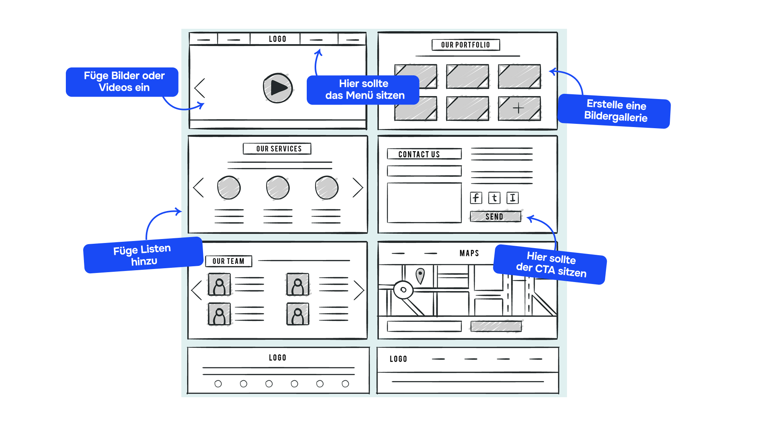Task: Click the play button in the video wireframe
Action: coord(278,88)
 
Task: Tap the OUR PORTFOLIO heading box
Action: coord(466,45)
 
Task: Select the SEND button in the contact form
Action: coord(495,217)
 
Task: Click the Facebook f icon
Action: coord(476,198)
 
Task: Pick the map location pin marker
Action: coord(420,275)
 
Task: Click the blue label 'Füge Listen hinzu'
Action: coord(143,255)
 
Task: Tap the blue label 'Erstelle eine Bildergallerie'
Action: coord(615,111)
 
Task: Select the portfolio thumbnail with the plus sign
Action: coord(519,108)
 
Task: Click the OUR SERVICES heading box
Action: coord(277,149)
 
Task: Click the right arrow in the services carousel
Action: coord(358,187)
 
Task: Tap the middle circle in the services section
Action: coord(278,188)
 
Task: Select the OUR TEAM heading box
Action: coord(229,261)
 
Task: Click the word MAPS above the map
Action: coord(469,253)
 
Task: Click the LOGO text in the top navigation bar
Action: coord(278,39)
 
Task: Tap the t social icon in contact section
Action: coord(494,198)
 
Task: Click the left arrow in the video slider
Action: coord(200,88)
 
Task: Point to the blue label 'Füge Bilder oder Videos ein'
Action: coord(122,82)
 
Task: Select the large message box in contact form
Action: coord(424,203)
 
